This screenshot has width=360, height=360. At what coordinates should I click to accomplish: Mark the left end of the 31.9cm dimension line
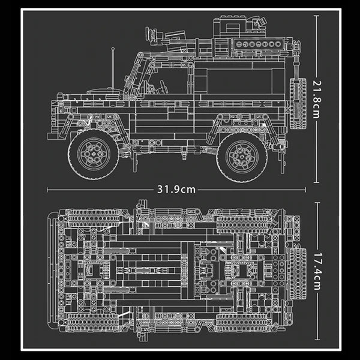click(48, 190)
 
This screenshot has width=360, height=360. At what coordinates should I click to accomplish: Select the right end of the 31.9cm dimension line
click(306, 190)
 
